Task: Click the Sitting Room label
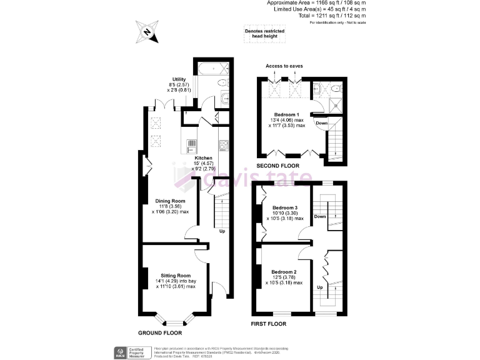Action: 175,276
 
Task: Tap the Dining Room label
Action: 171,201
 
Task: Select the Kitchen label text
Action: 203,158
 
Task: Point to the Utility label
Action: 180,79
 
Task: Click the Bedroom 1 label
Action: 287,115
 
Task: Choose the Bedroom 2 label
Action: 284,272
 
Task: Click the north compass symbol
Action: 147,31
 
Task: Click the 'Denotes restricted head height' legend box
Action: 264,34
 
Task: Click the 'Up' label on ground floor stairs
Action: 222,231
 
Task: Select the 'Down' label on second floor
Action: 321,123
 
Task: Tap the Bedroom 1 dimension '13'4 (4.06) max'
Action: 287,121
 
